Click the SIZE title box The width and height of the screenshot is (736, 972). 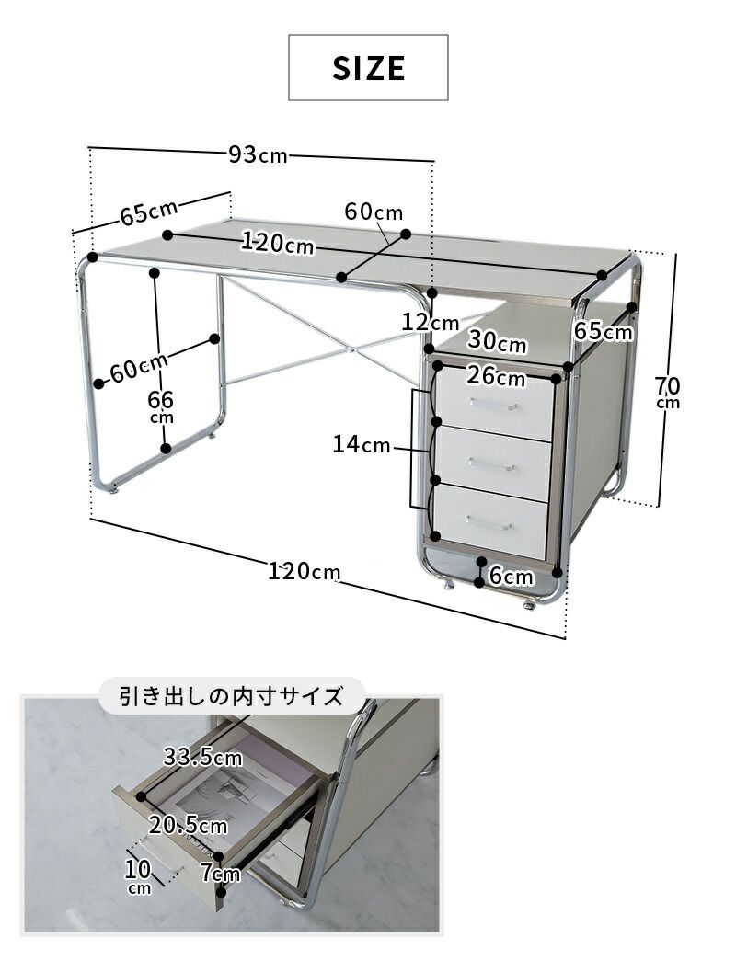tap(368, 67)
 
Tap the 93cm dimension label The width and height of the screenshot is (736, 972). tap(259, 154)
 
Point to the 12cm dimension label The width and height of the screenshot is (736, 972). tap(430, 323)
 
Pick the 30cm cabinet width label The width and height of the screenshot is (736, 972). tap(497, 341)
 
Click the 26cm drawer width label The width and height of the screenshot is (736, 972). tap(496, 376)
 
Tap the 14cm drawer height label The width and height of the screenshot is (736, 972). tap(362, 445)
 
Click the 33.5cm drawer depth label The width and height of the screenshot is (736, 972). tap(202, 758)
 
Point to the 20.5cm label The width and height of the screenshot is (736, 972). tap(189, 825)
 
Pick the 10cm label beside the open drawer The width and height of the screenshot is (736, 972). tap(138, 875)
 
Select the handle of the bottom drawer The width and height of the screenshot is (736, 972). tap(489, 523)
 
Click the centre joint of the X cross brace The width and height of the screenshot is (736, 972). tap(351, 349)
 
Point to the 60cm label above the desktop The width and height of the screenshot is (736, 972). tap(374, 212)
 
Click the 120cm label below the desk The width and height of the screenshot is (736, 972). tap(305, 571)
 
